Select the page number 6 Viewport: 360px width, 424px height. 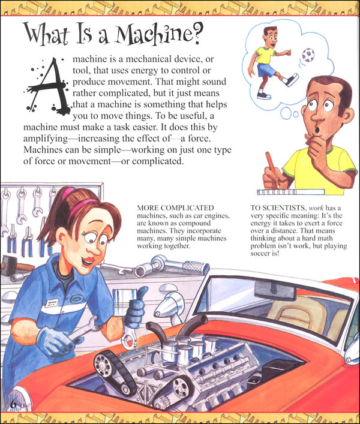coord(13,401)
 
